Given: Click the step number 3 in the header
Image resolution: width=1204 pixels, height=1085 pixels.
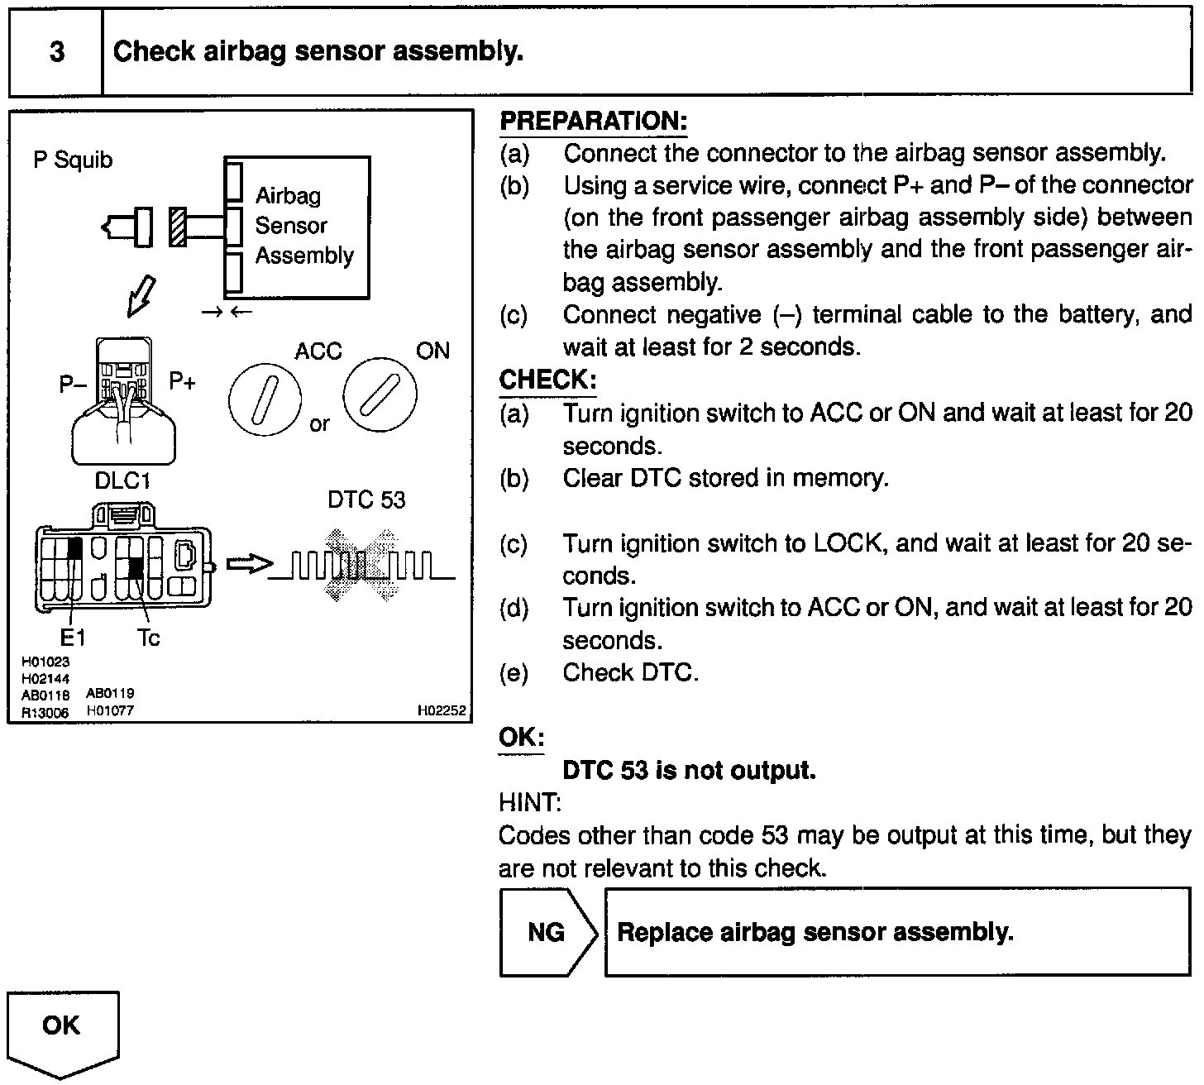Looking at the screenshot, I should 56,52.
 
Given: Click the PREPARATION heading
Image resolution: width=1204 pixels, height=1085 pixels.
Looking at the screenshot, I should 593,122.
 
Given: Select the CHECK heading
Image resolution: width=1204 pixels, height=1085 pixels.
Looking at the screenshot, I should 547,380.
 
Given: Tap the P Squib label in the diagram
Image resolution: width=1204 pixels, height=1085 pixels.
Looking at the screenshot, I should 73,160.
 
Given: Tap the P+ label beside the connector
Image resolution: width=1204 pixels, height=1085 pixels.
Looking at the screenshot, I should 183,381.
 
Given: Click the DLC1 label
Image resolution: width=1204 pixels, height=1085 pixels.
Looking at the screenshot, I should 122,480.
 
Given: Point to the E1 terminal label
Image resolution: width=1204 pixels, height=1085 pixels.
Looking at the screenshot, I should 73,638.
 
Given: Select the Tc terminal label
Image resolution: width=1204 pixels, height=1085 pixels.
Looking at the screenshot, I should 148,638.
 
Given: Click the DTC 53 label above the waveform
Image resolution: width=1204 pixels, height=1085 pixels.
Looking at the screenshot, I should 366,499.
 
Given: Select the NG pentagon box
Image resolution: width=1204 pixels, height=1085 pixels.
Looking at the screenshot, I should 547,932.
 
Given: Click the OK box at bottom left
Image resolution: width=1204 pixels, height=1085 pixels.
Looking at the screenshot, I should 62,1026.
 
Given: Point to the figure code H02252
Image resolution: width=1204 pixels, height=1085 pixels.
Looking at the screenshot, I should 442,710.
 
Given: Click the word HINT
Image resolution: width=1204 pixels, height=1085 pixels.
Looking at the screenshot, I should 529,802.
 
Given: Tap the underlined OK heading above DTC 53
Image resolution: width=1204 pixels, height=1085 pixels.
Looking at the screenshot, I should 521,737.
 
